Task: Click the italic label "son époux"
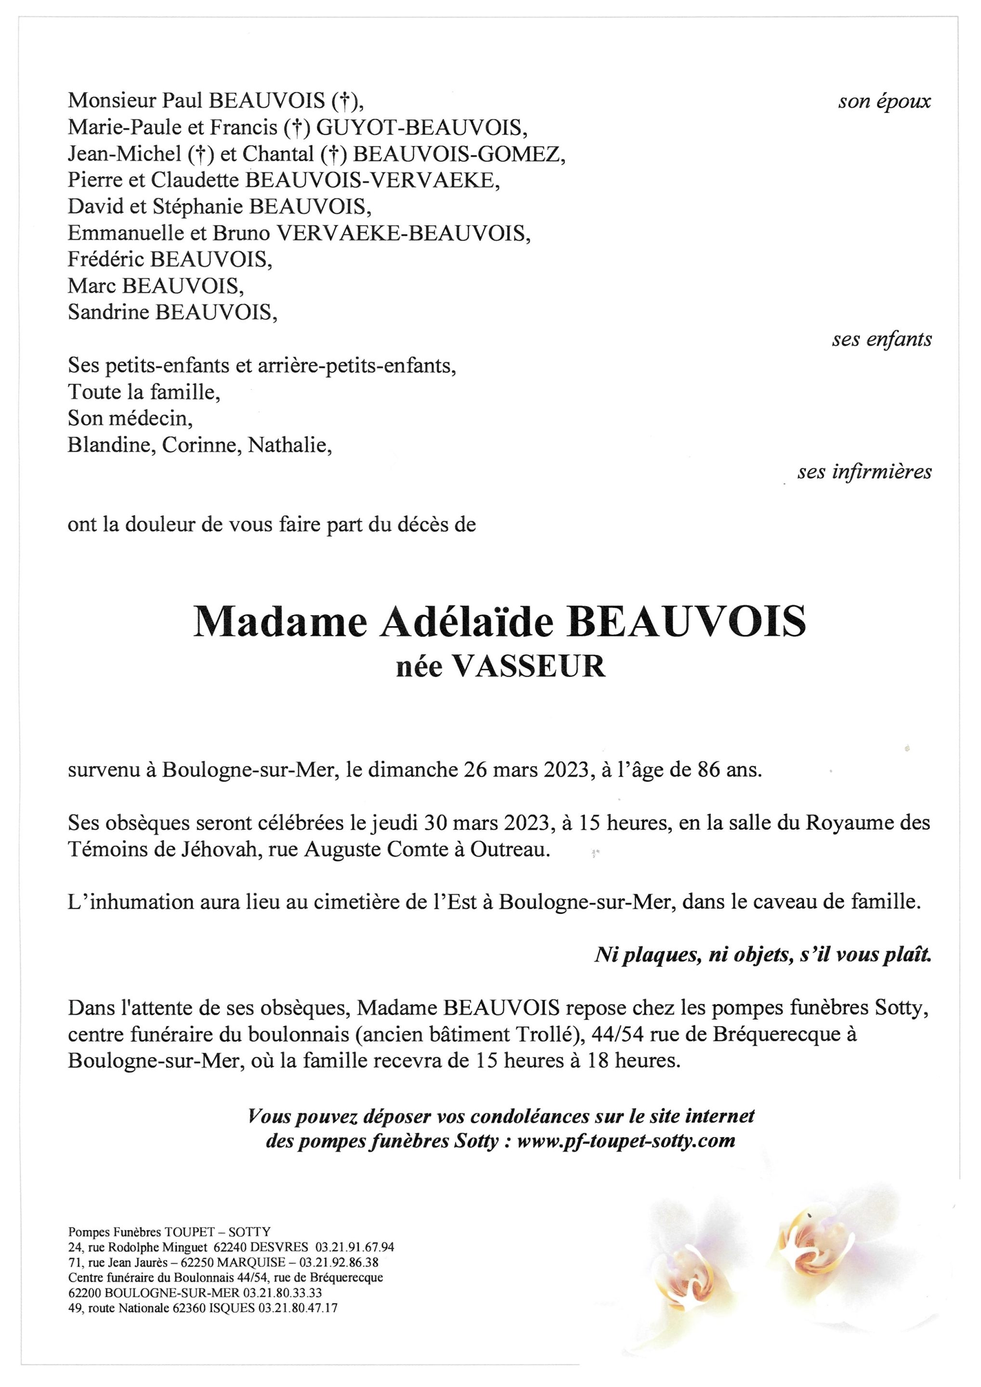884,102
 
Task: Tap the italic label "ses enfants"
881,340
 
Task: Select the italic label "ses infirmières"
864,472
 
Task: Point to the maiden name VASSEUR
529,667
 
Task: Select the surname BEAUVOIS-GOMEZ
458,154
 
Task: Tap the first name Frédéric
106,259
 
